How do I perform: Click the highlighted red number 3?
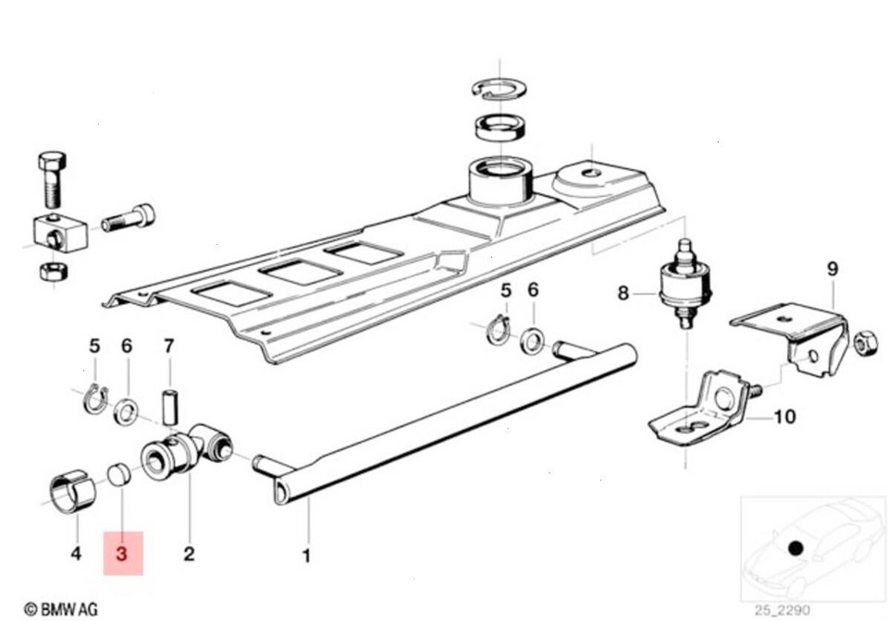[122, 554]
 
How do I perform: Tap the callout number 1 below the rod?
[306, 556]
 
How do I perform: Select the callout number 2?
[189, 554]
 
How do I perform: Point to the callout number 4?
[76, 554]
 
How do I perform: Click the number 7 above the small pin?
[169, 346]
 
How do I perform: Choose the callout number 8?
[623, 293]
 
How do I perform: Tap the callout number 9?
[832, 269]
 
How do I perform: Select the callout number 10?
[784, 417]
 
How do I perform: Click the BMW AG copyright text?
[61, 609]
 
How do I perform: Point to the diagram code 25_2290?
[782, 610]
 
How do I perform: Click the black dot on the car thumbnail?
[795, 547]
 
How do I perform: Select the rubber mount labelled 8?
[685, 283]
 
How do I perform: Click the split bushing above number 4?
[73, 491]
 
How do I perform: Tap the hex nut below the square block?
[55, 272]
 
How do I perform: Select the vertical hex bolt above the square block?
[52, 178]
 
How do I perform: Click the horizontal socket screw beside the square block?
[128, 218]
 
